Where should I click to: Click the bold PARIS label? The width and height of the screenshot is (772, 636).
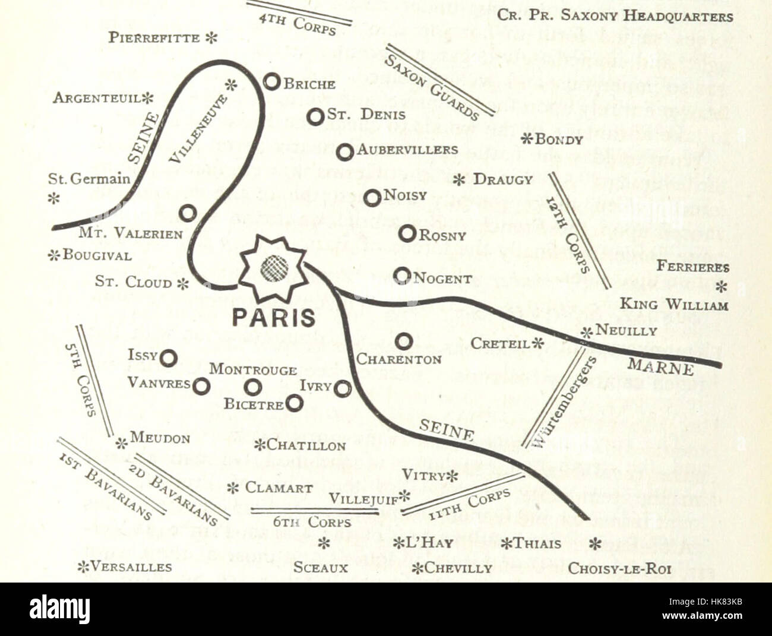coord(273,317)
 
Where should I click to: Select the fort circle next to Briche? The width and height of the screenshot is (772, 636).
coord(272,82)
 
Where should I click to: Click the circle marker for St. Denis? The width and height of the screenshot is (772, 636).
coord(316,116)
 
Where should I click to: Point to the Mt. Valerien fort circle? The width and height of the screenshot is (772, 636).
coord(188,213)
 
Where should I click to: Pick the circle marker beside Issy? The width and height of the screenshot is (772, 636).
coord(169,357)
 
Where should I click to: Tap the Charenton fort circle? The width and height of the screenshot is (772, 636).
coord(404,341)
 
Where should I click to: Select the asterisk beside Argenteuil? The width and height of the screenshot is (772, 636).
coord(147,97)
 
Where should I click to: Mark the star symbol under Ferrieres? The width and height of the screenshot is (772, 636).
coord(722,287)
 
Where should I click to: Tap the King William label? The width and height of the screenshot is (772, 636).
coord(674,305)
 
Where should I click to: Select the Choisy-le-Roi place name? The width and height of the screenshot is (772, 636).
coord(619,568)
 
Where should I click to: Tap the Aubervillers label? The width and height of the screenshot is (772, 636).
coord(407,150)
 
